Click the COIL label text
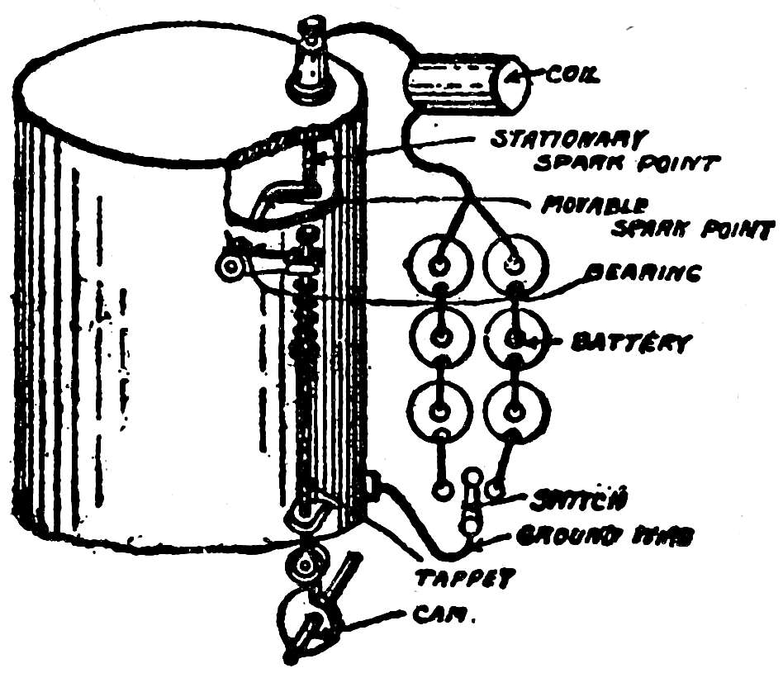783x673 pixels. tap(572, 78)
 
